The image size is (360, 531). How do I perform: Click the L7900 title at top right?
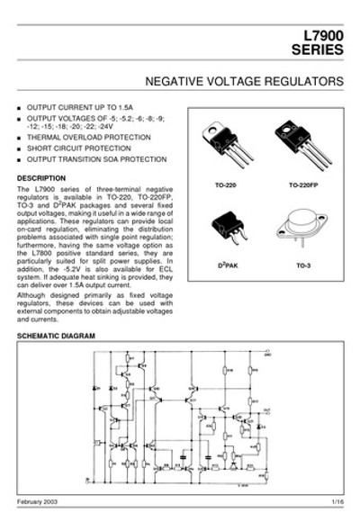[x=323, y=36]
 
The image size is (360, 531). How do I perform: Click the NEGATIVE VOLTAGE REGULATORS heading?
[x=243, y=81]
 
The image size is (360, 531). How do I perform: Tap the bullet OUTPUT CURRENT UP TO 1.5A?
[x=80, y=107]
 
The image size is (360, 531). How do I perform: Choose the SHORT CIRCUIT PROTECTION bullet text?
[x=85, y=148]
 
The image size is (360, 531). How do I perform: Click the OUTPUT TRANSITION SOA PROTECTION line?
[x=97, y=159]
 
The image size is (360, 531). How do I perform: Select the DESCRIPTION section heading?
[x=41, y=178]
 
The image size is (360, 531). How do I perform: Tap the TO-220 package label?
[x=225, y=184]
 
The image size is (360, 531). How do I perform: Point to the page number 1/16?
[x=337, y=499]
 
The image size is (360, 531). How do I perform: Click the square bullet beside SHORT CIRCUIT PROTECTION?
[x=20, y=148]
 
